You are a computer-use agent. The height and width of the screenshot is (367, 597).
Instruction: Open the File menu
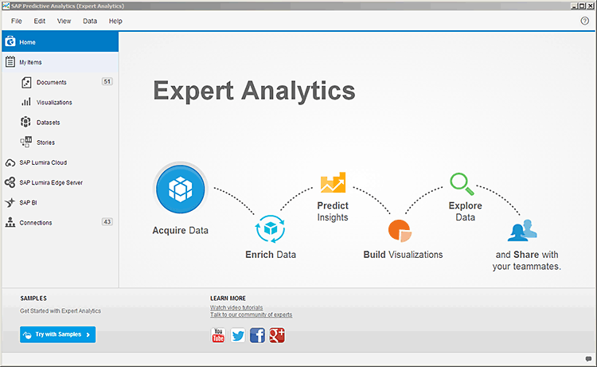[17, 21]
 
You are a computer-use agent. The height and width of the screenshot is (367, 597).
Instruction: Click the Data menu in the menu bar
[90, 21]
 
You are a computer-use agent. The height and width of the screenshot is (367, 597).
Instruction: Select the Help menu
[115, 21]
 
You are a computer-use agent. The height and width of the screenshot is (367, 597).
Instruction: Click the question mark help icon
[585, 21]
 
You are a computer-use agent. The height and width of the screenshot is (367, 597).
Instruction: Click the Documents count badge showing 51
[107, 81]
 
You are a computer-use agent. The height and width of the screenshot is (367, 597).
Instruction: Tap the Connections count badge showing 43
[107, 222]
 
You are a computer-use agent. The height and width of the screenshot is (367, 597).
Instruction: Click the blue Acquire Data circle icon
[181, 189]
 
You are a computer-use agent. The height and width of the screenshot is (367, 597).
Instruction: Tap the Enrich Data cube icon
[271, 228]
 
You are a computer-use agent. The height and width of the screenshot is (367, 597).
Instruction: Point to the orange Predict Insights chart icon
[334, 182]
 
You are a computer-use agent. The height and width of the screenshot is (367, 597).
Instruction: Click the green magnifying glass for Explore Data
[462, 184]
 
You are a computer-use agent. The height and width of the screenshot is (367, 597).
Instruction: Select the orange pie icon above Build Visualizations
[400, 231]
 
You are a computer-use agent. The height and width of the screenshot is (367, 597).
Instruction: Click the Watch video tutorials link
[236, 307]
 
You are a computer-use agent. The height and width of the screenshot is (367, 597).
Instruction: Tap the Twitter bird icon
[238, 335]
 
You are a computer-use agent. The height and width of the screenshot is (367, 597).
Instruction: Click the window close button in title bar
[591, 6]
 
